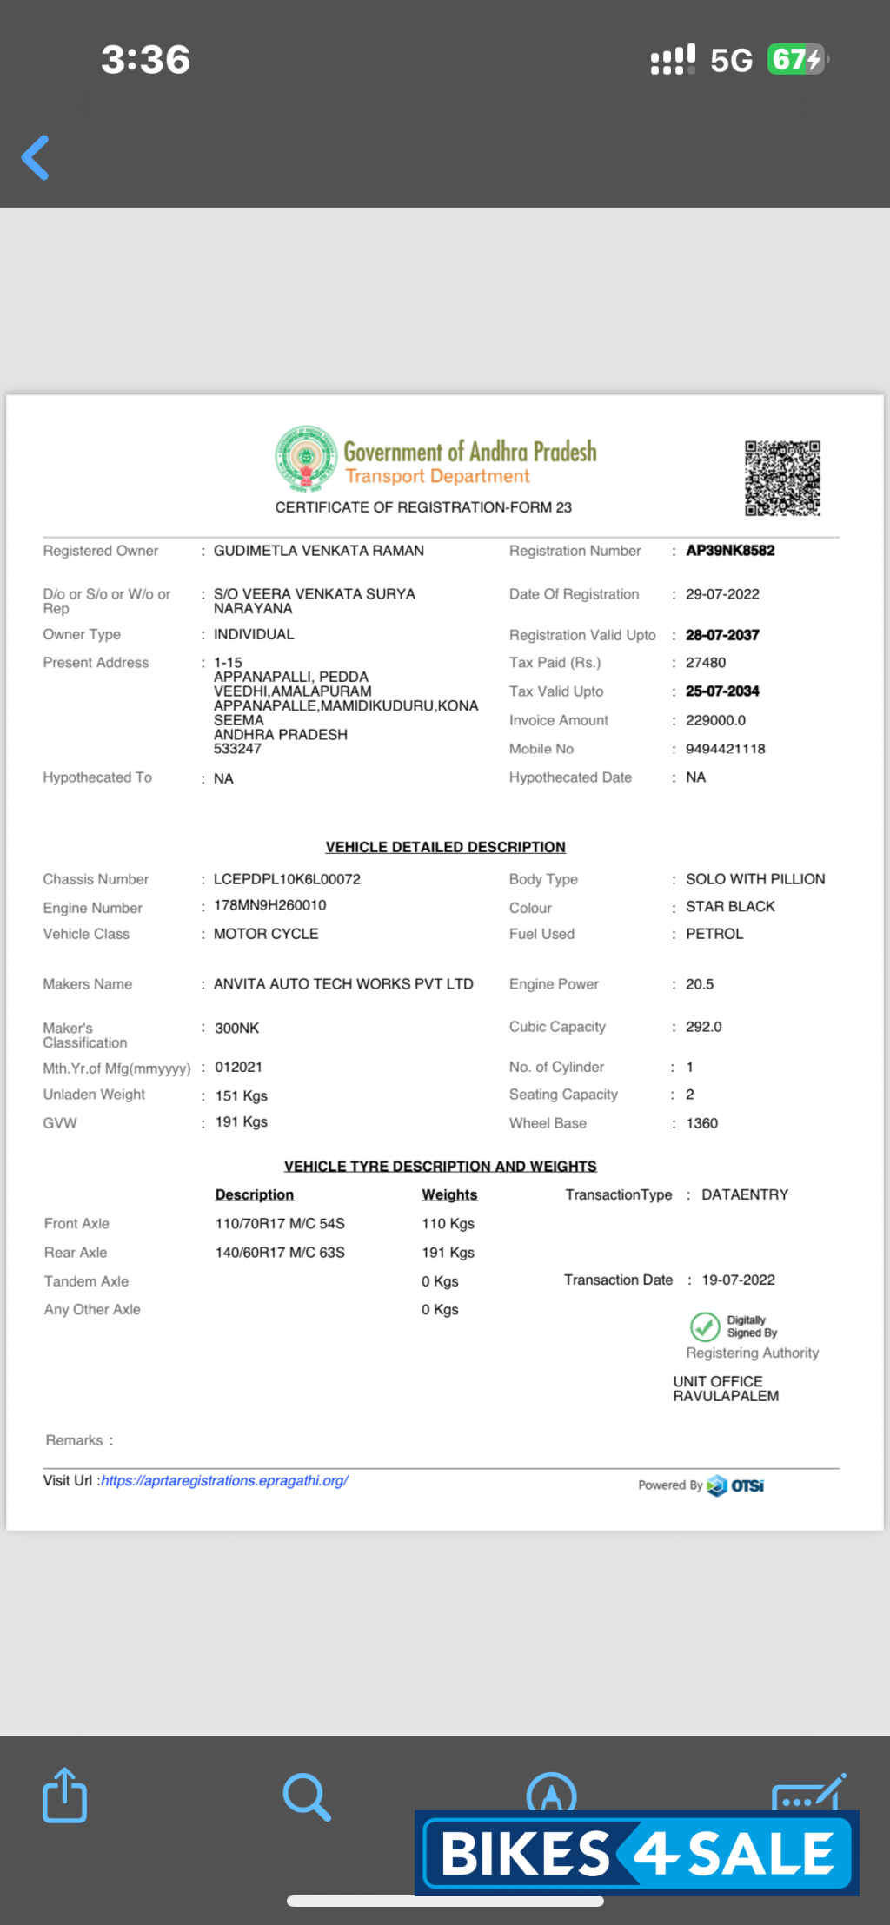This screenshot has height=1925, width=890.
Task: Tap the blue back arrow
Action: coord(36,157)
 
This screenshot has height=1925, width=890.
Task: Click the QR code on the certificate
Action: coord(782,478)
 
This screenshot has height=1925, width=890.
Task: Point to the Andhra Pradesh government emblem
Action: coord(306,457)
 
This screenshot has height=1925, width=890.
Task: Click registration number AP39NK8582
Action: coord(730,551)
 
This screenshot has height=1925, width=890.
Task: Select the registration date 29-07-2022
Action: coord(722,594)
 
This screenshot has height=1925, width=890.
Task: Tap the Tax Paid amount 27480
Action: coord(706,663)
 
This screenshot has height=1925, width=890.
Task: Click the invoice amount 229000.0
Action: coord(715,720)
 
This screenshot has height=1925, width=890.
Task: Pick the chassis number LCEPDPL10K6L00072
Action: coord(287,879)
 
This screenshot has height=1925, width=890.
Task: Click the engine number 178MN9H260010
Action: coord(270,905)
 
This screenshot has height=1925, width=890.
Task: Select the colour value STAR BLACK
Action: coord(730,907)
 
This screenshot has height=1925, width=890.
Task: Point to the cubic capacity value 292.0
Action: coord(704,1027)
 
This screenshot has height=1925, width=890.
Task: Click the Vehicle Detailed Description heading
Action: coord(445,847)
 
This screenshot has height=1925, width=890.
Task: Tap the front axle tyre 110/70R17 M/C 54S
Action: coord(280,1224)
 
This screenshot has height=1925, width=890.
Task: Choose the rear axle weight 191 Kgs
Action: coord(448,1253)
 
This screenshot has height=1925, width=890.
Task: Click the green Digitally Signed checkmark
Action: coord(705,1326)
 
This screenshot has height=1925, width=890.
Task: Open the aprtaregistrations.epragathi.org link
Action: coord(224,1481)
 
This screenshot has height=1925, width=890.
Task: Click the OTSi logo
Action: coord(736,1485)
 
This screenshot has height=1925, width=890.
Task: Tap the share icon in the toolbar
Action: coord(65,1795)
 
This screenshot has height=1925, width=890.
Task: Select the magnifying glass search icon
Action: coord(307,1796)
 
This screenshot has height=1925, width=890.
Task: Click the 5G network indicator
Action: coord(731,60)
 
